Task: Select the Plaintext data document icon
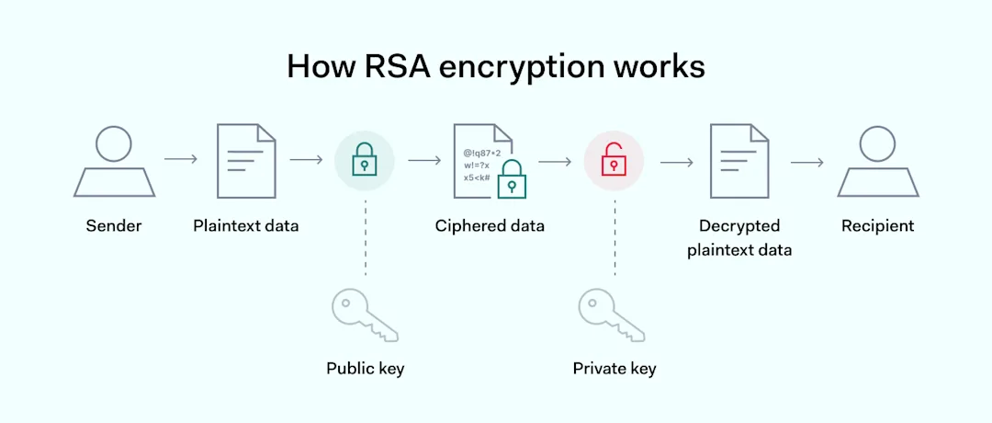(x=245, y=161)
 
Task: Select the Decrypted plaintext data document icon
(x=739, y=161)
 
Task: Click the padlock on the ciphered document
(x=510, y=180)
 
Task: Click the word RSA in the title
(x=385, y=67)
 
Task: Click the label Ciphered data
(x=490, y=226)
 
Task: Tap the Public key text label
(x=365, y=369)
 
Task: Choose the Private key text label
(x=614, y=369)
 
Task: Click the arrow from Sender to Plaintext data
(x=181, y=160)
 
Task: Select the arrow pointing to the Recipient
(x=806, y=163)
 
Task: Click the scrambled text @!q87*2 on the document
(x=482, y=152)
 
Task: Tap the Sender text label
(x=114, y=226)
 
